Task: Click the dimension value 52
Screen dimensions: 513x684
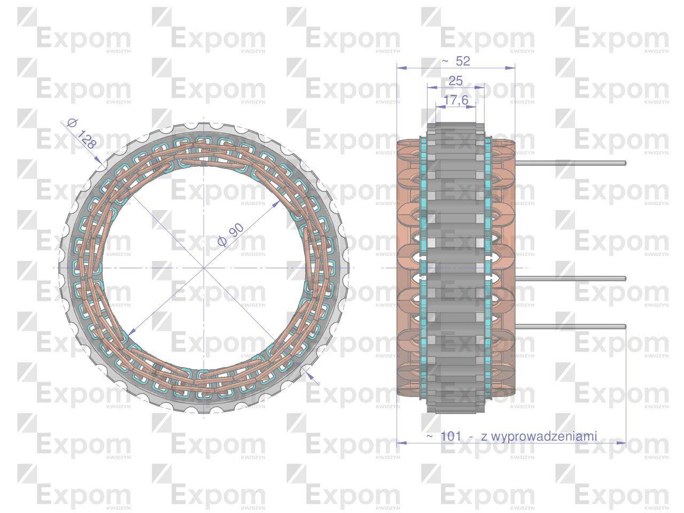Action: pos(463,61)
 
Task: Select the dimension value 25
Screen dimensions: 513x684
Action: pos(455,81)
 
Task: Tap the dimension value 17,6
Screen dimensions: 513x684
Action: pos(455,100)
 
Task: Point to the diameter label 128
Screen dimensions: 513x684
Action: pos(85,139)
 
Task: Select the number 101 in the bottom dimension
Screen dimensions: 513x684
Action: pos(451,436)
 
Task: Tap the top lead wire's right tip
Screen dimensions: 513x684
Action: pos(624,163)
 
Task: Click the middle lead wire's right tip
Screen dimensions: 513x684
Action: pos(624,278)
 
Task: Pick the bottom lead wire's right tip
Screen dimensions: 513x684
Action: pos(624,327)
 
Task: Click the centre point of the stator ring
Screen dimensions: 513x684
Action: pos(204,267)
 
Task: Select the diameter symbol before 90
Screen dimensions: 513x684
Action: pos(222,242)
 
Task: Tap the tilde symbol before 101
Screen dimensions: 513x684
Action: pos(430,436)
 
